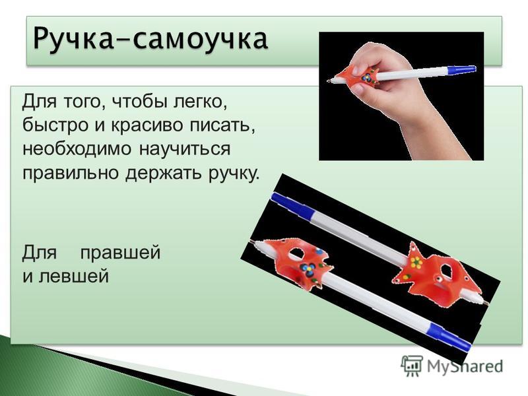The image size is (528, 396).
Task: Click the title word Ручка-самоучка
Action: click(150, 40)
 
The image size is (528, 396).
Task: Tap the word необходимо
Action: click(77, 149)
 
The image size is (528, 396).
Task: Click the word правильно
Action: click(71, 173)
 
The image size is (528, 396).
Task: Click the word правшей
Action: click(120, 253)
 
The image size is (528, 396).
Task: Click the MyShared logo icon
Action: click(411, 366)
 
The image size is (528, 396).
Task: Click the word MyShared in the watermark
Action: click(465, 366)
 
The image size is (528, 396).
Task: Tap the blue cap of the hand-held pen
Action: click(461, 69)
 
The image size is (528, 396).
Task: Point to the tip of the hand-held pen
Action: click(328, 81)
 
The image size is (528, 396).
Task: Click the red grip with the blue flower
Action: click(296, 263)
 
